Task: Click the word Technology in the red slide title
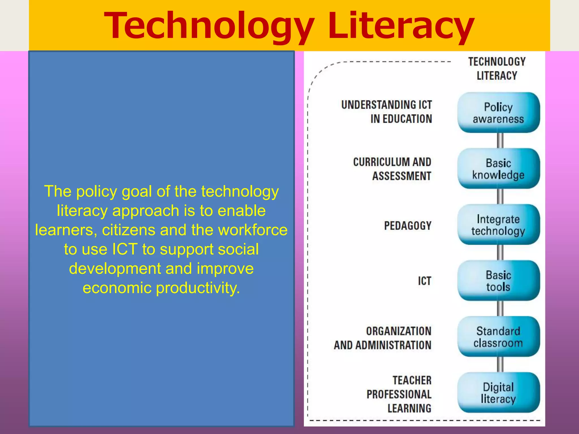[209, 26]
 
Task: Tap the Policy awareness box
[498, 113]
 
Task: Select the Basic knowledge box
[498, 169]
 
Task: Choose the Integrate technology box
[498, 225]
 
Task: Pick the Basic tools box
[498, 281]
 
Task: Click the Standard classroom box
[498, 337]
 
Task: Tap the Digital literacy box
[498, 392]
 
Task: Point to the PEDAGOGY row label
[408, 226]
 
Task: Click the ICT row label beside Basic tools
[425, 281]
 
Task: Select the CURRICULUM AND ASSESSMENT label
[392, 169]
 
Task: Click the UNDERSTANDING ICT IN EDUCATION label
[387, 112]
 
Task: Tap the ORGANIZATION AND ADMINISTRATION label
[383, 338]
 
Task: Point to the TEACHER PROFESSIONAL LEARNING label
[399, 394]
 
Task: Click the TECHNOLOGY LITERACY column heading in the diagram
[497, 69]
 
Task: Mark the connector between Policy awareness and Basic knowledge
[500, 140]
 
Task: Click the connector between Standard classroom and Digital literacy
[500, 364]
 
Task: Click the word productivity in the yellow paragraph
[198, 288]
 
